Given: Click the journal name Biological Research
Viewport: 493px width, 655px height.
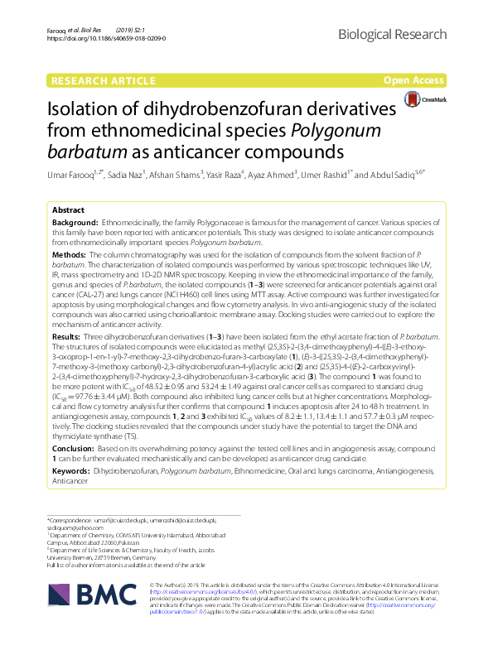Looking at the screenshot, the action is click(x=399, y=32).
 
